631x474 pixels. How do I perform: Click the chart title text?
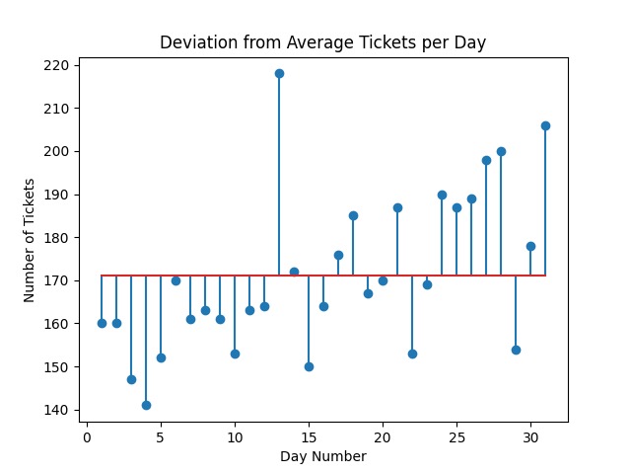point(323,42)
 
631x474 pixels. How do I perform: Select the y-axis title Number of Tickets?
point(31,240)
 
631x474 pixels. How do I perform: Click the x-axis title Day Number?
point(323,456)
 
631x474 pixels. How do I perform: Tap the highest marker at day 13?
point(279,73)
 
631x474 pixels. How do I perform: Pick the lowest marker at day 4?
point(146,405)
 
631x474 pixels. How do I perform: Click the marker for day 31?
point(545,125)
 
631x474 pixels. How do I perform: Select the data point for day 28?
point(501,151)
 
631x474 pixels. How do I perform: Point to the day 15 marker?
point(309,366)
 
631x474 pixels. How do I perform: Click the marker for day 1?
point(102,323)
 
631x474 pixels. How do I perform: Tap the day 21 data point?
point(397,207)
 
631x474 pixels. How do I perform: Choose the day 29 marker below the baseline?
point(516,350)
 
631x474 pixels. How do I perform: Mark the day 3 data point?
point(131,379)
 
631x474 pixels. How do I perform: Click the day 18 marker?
point(353,215)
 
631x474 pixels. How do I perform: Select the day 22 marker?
point(412,354)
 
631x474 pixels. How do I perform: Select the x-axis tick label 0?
point(87,437)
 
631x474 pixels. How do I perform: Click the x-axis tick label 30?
point(530,437)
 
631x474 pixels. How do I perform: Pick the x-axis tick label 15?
point(309,437)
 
